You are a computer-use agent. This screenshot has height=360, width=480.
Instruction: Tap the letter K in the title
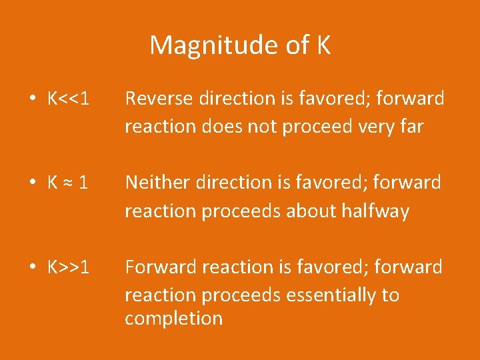(323, 46)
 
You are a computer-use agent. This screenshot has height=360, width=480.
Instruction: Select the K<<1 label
(69, 99)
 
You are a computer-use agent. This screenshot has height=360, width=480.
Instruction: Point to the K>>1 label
(69, 267)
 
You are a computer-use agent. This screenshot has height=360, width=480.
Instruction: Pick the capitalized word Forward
(158, 267)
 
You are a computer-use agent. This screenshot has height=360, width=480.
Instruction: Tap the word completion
(173, 319)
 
